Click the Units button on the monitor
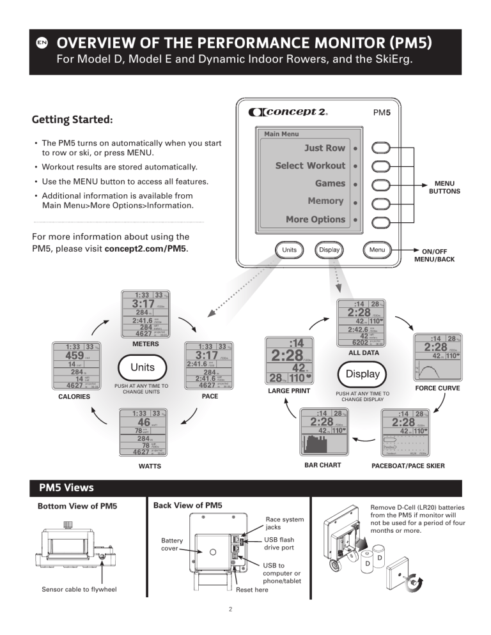click(290, 250)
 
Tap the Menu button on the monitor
click(377, 250)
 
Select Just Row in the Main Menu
click(324, 148)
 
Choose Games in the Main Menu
click(330, 183)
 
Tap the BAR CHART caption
click(322, 465)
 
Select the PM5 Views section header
click(66, 488)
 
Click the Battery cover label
click(173, 545)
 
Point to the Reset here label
click(253, 590)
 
